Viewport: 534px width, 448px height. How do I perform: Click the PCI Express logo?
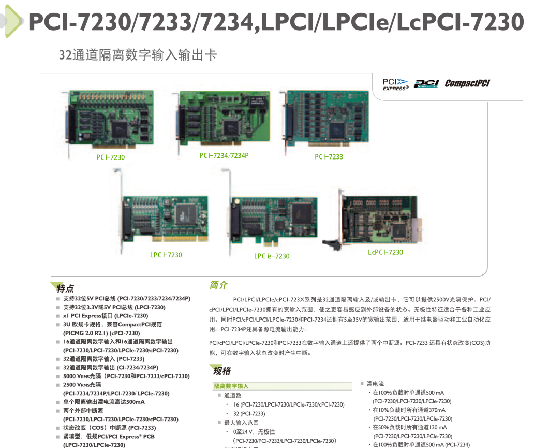click(x=395, y=84)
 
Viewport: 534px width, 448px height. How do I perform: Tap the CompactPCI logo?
click(x=467, y=83)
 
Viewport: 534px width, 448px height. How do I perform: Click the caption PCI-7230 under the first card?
click(x=110, y=157)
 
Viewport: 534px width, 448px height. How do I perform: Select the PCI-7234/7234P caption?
click(x=224, y=155)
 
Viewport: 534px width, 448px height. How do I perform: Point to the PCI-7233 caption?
click(x=329, y=157)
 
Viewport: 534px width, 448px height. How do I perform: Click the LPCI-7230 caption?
click(x=166, y=255)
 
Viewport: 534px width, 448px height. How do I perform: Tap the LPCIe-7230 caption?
click(x=272, y=256)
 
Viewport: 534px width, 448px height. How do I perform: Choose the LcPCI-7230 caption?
click(x=385, y=252)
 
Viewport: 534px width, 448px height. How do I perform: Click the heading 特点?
click(x=65, y=288)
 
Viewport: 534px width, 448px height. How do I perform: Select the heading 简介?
click(x=218, y=285)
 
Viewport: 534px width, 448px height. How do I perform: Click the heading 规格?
click(x=221, y=371)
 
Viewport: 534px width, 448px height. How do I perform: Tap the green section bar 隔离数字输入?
click(x=283, y=386)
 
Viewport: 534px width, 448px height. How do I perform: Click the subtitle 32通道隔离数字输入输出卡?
click(x=138, y=54)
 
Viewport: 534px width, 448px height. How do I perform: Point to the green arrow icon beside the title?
click(x=13, y=21)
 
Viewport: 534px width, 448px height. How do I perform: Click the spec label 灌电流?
click(x=375, y=384)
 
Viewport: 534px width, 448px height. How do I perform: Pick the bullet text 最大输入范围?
click(x=241, y=423)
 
